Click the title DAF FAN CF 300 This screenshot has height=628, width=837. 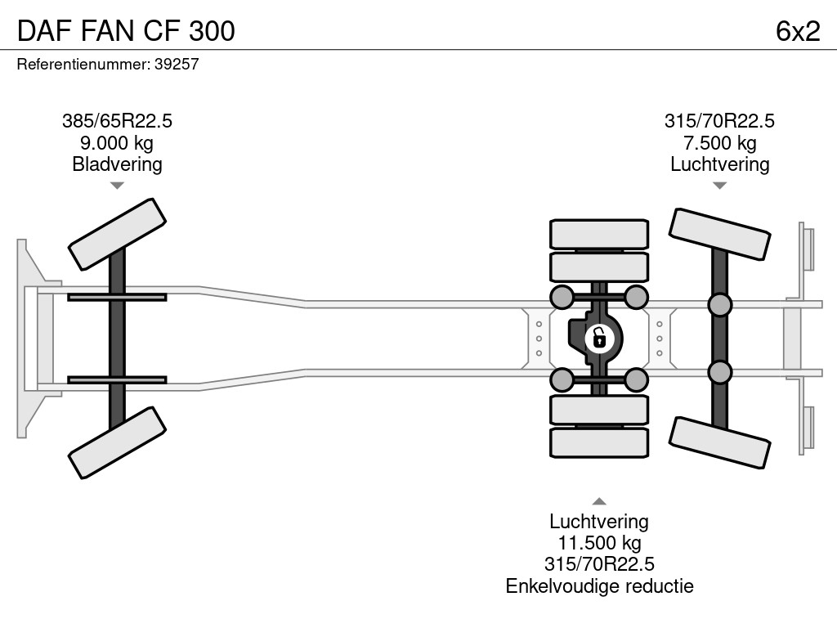pos(126,30)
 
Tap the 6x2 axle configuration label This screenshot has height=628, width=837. pos(797,30)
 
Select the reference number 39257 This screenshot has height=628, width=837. pos(177,65)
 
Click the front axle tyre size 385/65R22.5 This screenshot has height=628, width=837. pos(117,121)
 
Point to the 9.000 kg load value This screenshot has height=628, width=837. pos(117,143)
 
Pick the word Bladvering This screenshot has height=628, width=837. pos(117,164)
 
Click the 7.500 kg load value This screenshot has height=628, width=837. pos(719,143)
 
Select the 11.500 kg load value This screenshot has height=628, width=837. pos(598,543)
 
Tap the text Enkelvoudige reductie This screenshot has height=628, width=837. pos(598,585)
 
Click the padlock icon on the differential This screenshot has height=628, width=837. pos(599,337)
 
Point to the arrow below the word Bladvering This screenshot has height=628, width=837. pos(117,186)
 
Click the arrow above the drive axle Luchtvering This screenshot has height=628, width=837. pos(598,501)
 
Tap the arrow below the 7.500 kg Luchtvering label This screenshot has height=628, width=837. pos(719,186)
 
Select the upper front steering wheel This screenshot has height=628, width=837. pos(117,234)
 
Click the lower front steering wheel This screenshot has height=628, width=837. pos(117,443)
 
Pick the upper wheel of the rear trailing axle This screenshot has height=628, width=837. pos(719,235)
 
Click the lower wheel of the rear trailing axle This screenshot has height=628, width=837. pos(719,442)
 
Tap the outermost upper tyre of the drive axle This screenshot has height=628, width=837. pos(598,234)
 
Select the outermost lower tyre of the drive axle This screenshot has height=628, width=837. pos(598,442)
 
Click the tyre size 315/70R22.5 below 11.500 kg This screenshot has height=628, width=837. pos(598,564)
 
